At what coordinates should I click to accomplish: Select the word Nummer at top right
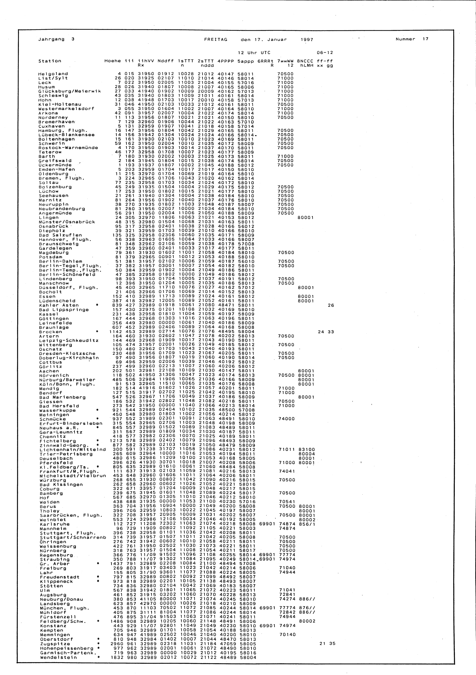coord(406,39)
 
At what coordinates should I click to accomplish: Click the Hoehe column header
coord(113,61)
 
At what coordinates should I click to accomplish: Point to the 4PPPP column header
coord(226,61)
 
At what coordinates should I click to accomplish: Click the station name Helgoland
coord(53,74)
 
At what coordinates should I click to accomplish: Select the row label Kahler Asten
coord(59,305)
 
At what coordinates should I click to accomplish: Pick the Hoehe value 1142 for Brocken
coord(115,332)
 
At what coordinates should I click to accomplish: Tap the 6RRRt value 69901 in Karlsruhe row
coord(266,524)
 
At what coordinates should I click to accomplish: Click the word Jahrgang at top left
coord(51,39)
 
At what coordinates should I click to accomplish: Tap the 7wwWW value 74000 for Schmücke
coord(286,419)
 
